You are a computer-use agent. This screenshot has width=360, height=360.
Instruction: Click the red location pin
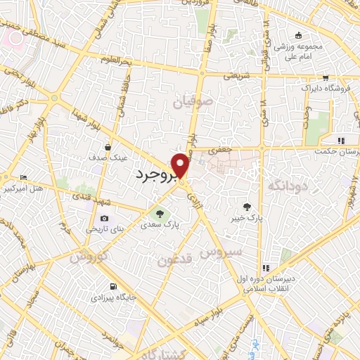[x=181, y=165]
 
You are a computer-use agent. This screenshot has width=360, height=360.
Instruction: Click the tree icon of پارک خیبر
[x=246, y=207]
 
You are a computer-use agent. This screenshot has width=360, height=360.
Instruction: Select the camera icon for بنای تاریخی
[x=105, y=219]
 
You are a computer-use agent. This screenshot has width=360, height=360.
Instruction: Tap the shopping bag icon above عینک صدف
[x=106, y=147]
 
